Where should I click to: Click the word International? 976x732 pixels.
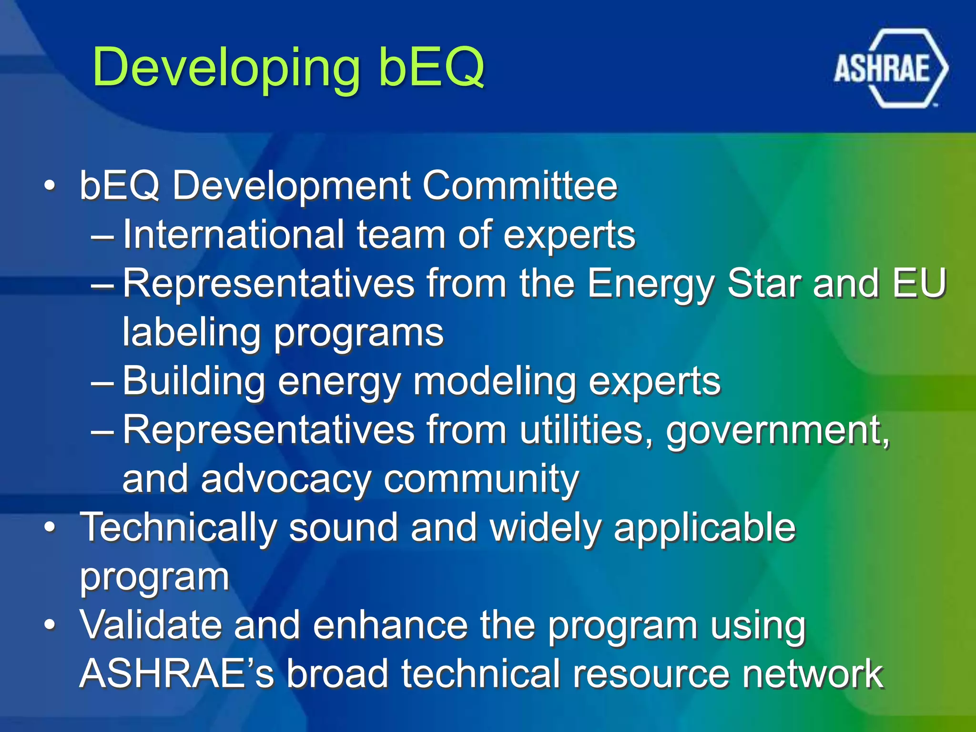(233, 234)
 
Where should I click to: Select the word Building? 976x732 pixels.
(193, 382)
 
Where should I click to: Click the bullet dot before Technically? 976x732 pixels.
(50, 528)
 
